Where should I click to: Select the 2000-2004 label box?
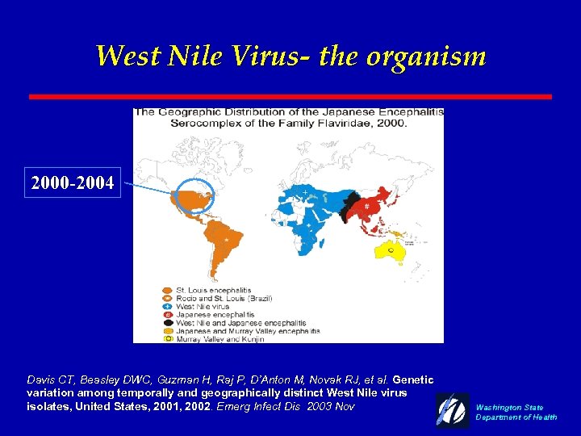pos(73,184)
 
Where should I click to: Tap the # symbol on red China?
pos(367,207)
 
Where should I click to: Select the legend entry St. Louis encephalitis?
pos(213,291)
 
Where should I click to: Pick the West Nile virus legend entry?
pos(202,307)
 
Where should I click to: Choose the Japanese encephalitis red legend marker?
pos(166,315)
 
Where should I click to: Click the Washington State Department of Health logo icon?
pos(453,409)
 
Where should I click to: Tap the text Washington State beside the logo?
pos(509,408)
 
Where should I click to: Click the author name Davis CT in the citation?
pos(40,379)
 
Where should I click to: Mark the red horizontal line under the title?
pos(290,96)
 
